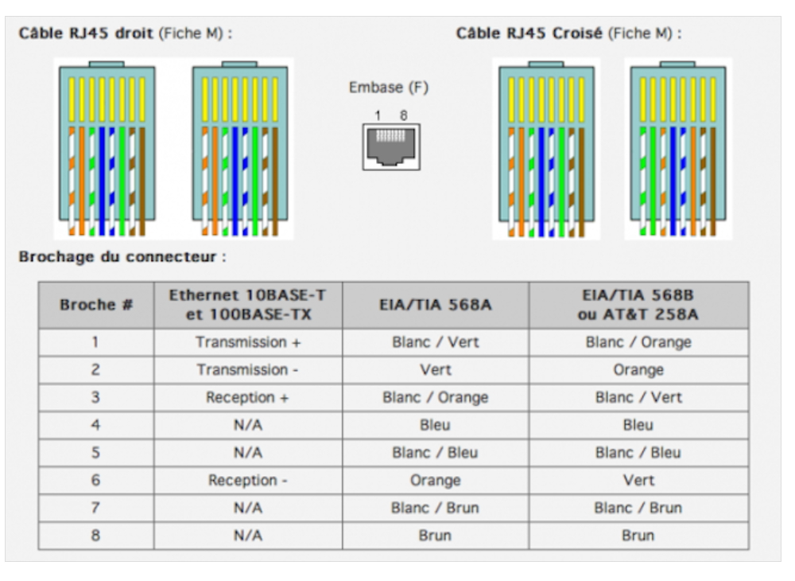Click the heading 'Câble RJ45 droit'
(87, 34)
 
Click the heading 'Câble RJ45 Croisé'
(529, 34)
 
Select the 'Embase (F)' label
(388, 88)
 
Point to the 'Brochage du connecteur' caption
(122, 258)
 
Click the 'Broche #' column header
(96, 305)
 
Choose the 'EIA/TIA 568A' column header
(435, 305)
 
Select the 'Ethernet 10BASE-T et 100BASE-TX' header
(247, 305)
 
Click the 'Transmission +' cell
(247, 342)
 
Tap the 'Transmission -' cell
(247, 370)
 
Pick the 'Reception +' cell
(247, 397)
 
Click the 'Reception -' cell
(247, 481)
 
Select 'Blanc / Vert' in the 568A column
(435, 342)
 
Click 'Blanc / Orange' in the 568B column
(638, 342)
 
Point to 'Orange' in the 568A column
(435, 481)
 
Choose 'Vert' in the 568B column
(638, 481)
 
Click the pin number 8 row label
(95, 536)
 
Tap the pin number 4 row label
(95, 425)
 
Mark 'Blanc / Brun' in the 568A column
(435, 508)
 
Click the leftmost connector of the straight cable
(107, 147)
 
